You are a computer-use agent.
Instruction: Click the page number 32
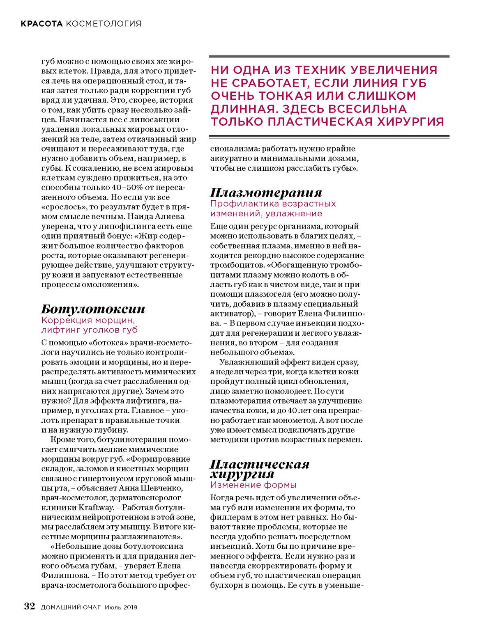30,607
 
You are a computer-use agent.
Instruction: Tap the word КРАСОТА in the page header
42,24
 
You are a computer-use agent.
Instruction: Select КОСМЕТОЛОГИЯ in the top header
104,24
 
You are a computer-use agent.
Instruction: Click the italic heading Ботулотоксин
93,309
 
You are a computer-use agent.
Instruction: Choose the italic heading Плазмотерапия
266,192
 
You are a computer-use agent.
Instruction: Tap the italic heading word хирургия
242,474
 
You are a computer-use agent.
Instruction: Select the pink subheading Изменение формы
253,485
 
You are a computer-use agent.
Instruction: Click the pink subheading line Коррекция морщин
88,320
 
